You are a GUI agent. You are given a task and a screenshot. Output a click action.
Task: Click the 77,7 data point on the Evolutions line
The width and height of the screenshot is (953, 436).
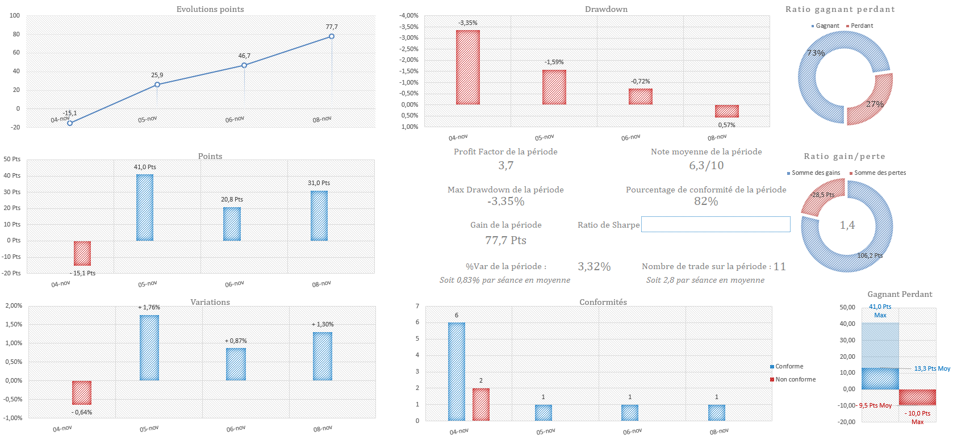point(332,36)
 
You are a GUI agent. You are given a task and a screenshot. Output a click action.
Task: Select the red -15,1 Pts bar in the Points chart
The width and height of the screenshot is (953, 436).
point(82,253)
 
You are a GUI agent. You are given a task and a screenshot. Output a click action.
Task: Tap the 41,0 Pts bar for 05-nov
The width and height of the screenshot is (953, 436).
point(145,207)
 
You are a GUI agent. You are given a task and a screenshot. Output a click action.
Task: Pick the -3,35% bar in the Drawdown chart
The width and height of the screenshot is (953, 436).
point(468,67)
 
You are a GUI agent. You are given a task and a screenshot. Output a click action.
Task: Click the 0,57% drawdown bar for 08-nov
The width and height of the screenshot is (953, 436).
point(727,111)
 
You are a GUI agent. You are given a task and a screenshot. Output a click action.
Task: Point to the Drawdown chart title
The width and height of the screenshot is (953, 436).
point(606,9)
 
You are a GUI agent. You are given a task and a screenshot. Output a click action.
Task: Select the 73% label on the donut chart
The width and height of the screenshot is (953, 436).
point(816,53)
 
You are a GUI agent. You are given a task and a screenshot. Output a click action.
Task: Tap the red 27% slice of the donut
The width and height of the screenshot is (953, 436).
point(872,102)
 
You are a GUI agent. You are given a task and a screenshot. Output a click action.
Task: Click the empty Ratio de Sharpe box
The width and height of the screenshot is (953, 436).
point(716,224)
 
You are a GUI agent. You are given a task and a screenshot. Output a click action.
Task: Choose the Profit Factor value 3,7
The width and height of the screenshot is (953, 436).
point(505,165)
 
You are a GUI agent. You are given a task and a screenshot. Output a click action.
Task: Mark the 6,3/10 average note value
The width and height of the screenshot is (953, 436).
point(706,165)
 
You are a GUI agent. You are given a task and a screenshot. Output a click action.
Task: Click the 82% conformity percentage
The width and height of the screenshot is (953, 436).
point(706,201)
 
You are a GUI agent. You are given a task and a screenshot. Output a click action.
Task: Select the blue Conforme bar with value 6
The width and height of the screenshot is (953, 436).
point(457,371)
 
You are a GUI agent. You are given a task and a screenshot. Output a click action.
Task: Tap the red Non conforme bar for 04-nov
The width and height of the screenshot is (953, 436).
point(481,404)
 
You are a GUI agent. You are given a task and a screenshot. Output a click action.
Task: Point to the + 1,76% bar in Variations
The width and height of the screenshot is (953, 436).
point(149,347)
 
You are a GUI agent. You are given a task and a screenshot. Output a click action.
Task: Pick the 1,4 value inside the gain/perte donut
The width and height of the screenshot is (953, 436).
point(847,225)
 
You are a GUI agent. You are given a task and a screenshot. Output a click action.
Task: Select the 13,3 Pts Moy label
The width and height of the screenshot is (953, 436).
point(931,368)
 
